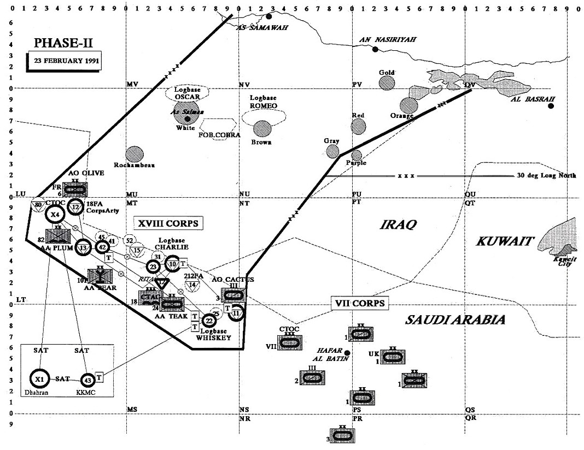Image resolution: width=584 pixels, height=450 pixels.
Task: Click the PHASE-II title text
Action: (61, 43)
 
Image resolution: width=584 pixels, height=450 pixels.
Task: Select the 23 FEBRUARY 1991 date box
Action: (65, 61)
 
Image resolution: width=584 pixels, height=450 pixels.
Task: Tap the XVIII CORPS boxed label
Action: (166, 223)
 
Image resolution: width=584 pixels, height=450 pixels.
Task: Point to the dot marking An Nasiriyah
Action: (375, 50)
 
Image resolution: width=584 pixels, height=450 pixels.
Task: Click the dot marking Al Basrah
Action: (551, 106)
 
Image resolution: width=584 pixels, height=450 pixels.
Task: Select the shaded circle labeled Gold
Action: (387, 83)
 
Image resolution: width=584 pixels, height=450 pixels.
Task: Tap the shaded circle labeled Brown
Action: (262, 129)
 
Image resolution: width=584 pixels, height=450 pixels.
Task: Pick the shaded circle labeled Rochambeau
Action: (134, 155)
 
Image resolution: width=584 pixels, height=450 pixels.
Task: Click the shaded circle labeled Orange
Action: (408, 105)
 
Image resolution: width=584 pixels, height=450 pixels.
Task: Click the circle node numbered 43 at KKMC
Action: (87, 380)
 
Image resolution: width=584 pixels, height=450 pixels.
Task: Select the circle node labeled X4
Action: (55, 215)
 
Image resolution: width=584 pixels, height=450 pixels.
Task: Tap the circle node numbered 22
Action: (209, 321)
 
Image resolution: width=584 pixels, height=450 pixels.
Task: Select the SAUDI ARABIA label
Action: (454, 320)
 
